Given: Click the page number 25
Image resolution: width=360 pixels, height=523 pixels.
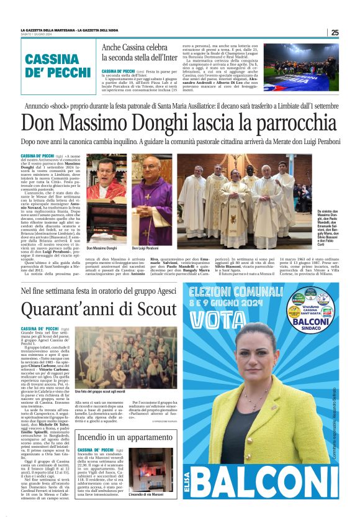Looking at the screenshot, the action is (334, 32).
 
